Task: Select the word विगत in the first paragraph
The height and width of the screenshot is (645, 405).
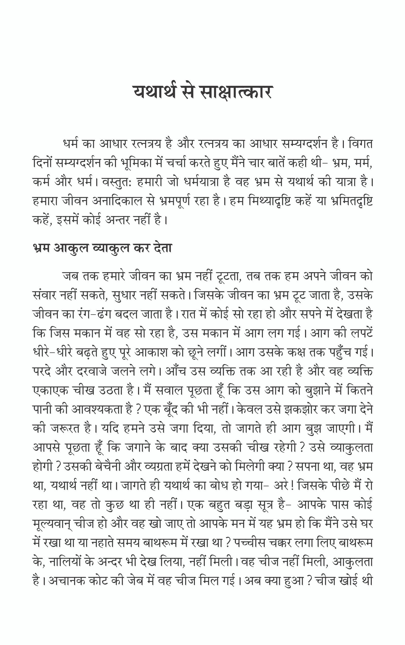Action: pos(361,144)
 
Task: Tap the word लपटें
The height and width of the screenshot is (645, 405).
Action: pos(360,333)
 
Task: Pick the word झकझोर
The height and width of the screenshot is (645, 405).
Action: pos(301,409)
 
